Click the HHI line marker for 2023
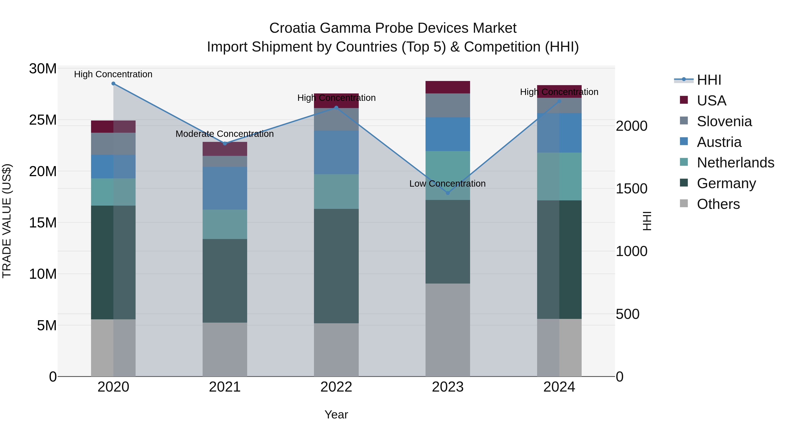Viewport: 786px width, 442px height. pos(448,193)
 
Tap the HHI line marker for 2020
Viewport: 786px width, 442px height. pos(113,83)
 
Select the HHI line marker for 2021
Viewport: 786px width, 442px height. pos(225,143)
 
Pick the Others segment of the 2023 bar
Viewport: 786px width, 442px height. pos(448,330)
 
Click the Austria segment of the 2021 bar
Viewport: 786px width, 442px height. pos(225,188)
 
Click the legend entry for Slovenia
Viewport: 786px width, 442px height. pos(724,121)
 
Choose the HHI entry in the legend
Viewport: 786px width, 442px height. pos(708,80)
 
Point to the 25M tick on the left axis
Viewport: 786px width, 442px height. pos(43,120)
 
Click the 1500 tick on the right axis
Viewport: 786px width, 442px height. pos(631,189)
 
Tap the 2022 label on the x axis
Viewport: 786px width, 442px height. pos(336,387)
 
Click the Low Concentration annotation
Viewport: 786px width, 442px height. pos(447,183)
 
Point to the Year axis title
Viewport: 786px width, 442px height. pos(336,414)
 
